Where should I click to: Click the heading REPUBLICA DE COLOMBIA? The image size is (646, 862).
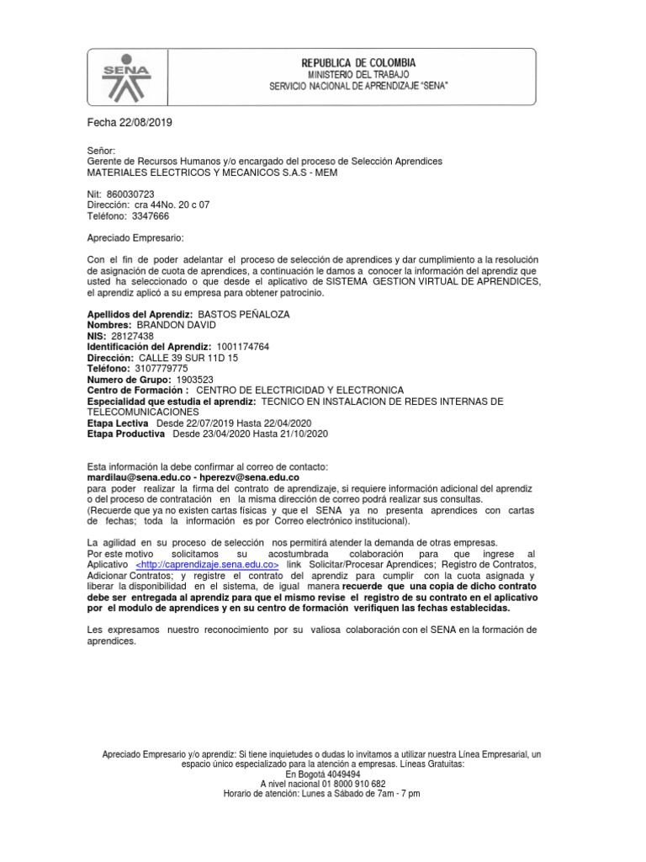tap(358, 63)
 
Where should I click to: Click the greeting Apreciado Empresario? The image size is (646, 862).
tap(135, 238)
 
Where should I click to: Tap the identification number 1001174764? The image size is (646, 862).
tap(243, 346)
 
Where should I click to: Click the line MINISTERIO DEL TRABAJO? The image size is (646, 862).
tap(358, 75)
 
